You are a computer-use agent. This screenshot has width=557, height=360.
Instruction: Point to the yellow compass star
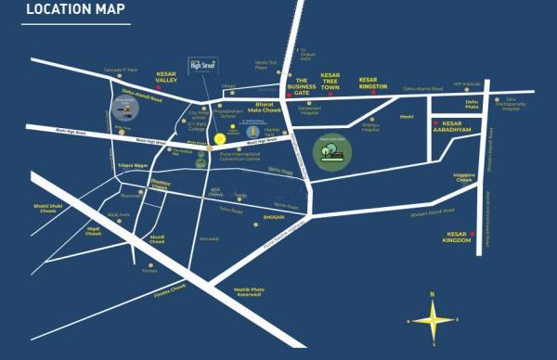coord(432,319)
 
